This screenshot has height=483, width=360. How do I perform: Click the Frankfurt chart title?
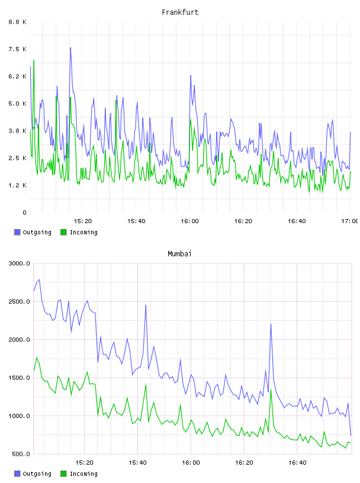point(180,12)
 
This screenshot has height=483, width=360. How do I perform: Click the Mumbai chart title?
point(179,254)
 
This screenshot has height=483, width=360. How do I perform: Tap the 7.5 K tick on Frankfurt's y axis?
point(18,49)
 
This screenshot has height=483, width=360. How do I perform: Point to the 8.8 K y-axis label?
point(18,22)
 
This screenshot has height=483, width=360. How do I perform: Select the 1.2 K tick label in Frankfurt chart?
point(18,185)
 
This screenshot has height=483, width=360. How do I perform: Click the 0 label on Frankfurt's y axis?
point(24,212)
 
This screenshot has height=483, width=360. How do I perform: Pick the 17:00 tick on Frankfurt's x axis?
point(350,221)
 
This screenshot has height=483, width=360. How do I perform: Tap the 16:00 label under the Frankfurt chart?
point(189,221)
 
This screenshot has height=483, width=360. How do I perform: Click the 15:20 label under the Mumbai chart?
point(84,463)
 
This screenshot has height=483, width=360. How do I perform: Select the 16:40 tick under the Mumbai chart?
point(297,463)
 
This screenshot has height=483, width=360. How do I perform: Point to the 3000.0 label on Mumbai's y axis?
point(19,263)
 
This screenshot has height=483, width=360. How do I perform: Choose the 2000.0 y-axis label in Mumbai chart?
point(19,340)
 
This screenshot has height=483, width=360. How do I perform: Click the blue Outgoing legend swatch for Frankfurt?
point(17,232)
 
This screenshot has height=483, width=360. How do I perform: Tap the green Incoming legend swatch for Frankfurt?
point(63,232)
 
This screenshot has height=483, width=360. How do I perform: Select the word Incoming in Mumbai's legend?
point(83,474)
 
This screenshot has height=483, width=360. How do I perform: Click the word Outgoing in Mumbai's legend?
point(37,474)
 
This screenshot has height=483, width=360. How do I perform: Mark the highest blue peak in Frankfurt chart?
point(70,48)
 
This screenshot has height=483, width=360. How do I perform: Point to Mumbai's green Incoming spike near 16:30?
point(271,390)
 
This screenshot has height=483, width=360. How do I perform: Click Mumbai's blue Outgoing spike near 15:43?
point(146,305)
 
